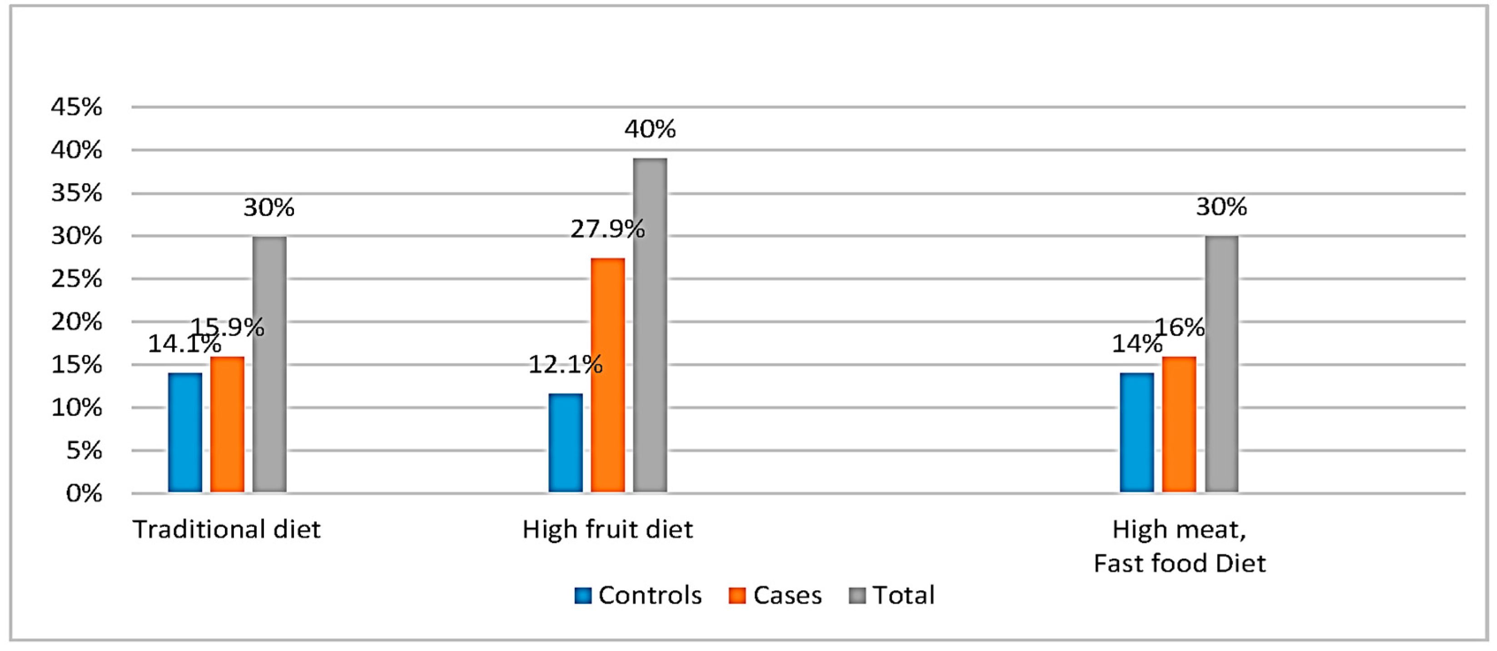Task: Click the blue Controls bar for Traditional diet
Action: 185,432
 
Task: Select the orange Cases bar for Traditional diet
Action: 227,424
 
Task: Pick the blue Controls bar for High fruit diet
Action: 566,443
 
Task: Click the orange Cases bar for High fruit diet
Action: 608,376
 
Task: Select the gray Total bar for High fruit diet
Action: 650,325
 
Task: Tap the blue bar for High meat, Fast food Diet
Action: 1137,432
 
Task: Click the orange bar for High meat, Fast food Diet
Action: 1179,424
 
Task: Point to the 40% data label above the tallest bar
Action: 650,129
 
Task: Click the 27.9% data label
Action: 607,229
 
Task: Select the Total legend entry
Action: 892,595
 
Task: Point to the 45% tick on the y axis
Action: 77,107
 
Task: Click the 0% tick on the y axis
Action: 84,493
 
